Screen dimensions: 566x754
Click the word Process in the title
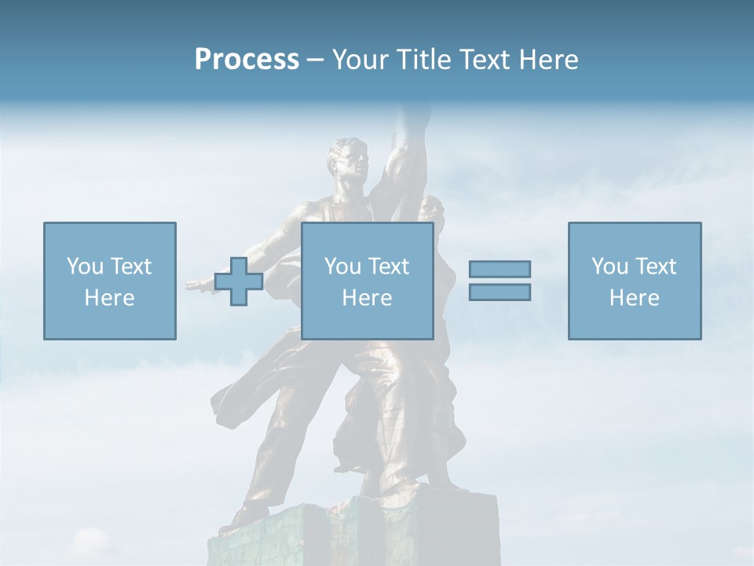247,60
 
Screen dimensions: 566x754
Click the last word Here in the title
547,60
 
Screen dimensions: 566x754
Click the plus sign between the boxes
239,281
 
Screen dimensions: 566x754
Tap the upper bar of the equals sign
500,269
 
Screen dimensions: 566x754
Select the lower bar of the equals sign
500,292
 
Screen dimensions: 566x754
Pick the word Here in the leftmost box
109,298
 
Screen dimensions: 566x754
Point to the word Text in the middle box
390,266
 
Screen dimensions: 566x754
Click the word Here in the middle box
367,298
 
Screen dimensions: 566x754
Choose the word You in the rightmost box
610,266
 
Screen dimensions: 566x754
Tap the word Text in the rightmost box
657,266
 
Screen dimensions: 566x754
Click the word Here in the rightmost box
634,298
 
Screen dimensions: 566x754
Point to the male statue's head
350,157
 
